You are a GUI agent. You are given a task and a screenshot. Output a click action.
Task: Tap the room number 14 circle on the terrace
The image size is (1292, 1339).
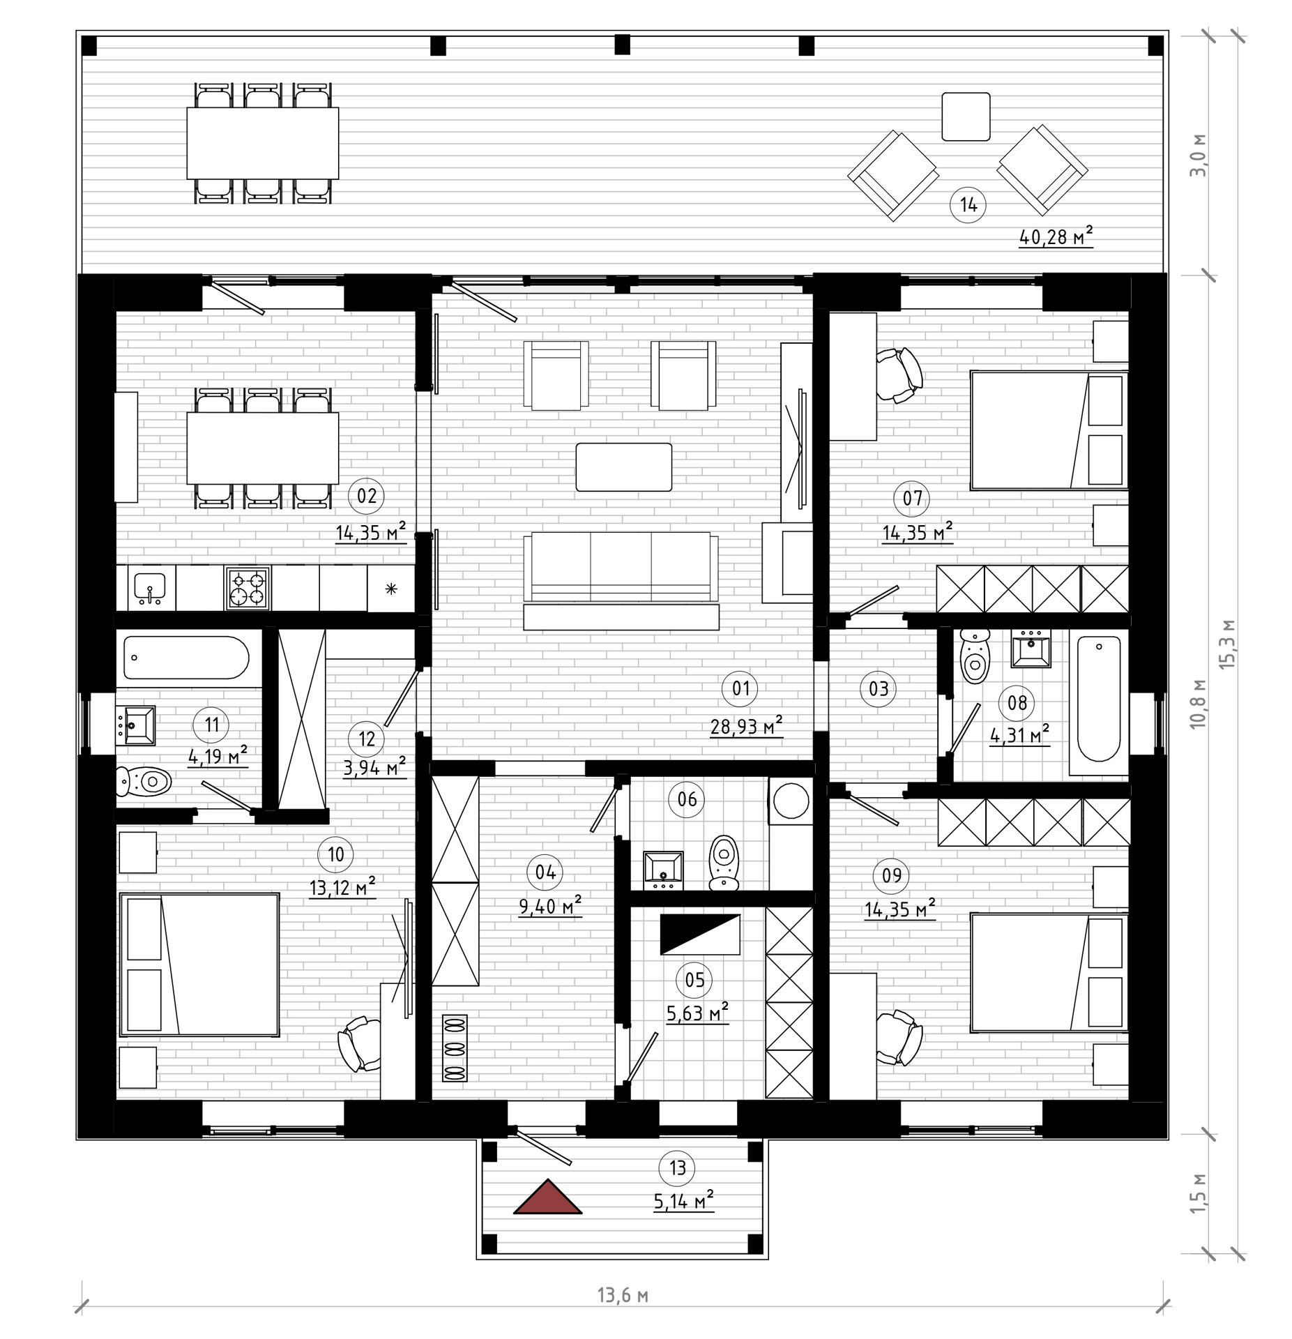tap(968, 205)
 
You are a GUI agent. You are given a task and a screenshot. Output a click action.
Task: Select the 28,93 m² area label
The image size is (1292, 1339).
tap(746, 727)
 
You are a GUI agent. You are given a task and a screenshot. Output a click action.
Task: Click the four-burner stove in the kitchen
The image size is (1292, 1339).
tap(248, 588)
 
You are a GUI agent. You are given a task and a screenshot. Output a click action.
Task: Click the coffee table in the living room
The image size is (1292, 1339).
tap(623, 467)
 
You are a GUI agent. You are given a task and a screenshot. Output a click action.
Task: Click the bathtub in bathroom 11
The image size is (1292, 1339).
tap(186, 657)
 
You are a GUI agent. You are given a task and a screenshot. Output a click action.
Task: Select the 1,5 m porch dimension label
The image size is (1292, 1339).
tap(1198, 1193)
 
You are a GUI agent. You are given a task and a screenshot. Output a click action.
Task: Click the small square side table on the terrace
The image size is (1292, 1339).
tap(966, 116)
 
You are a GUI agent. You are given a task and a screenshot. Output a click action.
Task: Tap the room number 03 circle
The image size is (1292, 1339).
tap(879, 689)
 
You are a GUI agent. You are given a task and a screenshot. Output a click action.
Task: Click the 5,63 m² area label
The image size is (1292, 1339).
tap(697, 1013)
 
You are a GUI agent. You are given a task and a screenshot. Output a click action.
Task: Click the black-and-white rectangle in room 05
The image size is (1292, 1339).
tap(700, 934)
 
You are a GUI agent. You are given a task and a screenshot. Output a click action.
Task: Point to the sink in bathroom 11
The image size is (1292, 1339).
tap(135, 725)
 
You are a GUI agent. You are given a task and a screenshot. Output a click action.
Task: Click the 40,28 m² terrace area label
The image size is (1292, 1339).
tap(1056, 237)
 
